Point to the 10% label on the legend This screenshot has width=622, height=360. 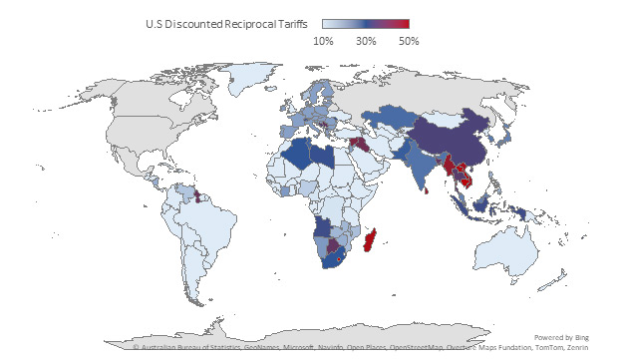click(x=323, y=41)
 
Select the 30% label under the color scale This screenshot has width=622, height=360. click(x=366, y=41)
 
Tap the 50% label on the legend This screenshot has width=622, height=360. click(x=409, y=41)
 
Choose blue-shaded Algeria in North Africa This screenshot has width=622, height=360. click(x=296, y=157)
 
